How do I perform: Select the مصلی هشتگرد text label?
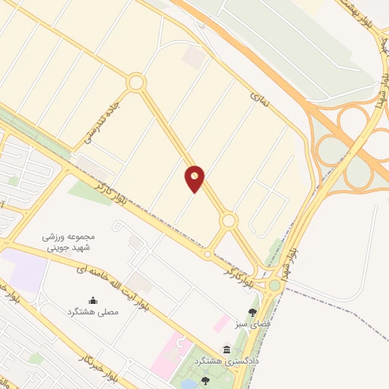point(93,312)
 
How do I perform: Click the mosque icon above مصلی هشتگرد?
point(93,300)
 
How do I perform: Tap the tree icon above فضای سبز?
point(253,312)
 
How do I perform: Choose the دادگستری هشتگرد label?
point(226,361)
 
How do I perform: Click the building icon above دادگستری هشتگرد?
point(226,349)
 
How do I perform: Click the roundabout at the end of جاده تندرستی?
point(136,82)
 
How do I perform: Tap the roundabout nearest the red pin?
point(228,220)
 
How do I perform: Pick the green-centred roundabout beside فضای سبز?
point(274,285)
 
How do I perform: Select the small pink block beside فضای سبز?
point(222,324)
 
